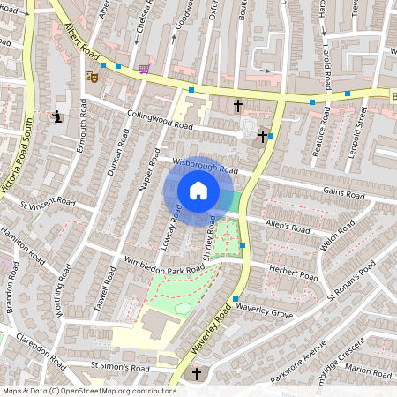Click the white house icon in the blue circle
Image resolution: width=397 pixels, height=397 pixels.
198,191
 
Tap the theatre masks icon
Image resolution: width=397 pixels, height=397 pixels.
92,77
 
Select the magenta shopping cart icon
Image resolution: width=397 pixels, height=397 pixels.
143,69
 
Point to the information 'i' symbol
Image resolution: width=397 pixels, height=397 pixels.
57,116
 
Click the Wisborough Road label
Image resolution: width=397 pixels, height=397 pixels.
206,165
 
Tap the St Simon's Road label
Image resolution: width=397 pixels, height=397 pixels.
120,365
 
